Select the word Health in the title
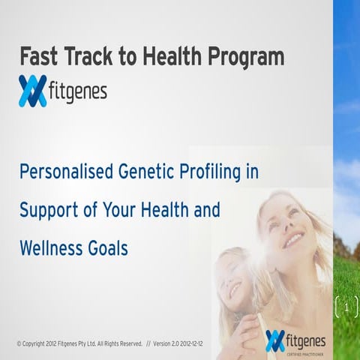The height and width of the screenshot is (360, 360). point(174,57)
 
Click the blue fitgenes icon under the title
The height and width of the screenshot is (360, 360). point(33,91)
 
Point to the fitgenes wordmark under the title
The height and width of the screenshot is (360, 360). point(79,92)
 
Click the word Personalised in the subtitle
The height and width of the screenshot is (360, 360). point(65,172)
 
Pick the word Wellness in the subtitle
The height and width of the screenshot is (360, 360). point(52,247)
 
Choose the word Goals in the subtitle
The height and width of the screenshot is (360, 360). point(109,247)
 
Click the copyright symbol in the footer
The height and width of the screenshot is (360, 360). point(19,343)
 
